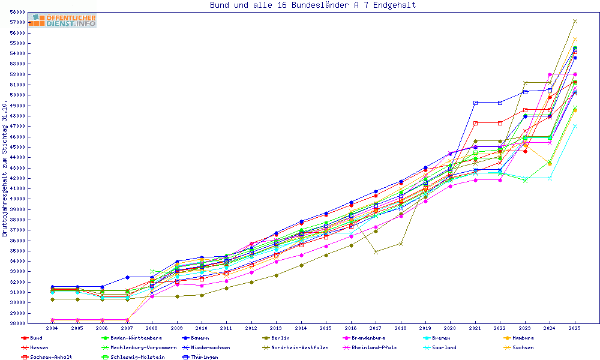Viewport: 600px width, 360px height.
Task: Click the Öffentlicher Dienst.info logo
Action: tap(62, 20)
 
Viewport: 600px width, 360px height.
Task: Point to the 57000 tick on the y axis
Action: tap(17, 22)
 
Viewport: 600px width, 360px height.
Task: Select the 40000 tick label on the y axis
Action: tap(17, 199)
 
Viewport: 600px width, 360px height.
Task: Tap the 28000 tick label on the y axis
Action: tap(17, 323)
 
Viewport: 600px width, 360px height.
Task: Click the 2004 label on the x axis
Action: tap(52, 329)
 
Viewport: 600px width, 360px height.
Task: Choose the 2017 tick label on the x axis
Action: tap(376, 329)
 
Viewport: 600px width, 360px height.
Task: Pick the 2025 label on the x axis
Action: tap(575, 329)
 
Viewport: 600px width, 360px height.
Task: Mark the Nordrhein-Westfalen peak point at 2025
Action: tap(575, 21)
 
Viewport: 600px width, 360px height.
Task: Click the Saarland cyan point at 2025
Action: tap(575, 127)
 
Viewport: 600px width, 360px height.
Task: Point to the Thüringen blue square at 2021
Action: tap(475, 103)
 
